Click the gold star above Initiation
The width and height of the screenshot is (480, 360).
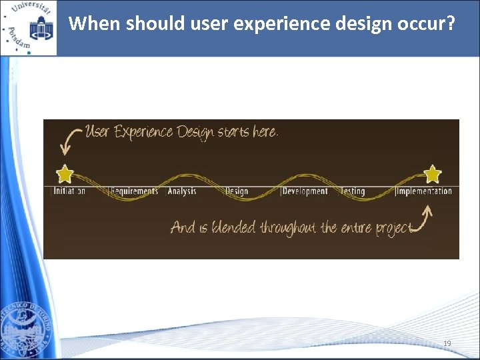pyautogui.click(x=65, y=175)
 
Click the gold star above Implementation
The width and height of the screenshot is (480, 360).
pyautogui.click(x=433, y=174)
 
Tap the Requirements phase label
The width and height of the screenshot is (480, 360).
pyautogui.click(x=134, y=191)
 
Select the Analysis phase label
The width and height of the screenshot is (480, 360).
pyautogui.click(x=182, y=191)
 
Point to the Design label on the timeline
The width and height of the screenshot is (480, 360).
pyautogui.click(x=237, y=191)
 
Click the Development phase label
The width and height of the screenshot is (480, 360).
pyautogui.click(x=305, y=191)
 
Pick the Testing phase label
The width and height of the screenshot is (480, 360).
pyautogui.click(x=353, y=191)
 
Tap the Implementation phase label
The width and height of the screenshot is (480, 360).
pyautogui.click(x=424, y=191)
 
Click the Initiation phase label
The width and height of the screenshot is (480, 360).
pyautogui.click(x=69, y=191)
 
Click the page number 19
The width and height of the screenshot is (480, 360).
pyautogui.click(x=447, y=343)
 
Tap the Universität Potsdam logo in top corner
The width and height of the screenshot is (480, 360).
pyautogui.click(x=28, y=28)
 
